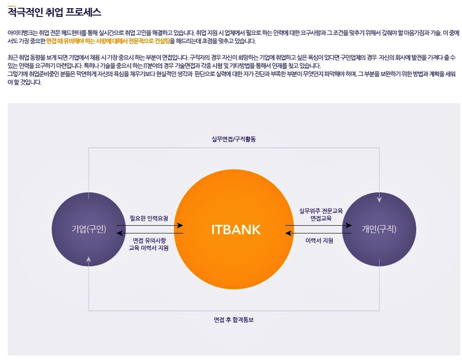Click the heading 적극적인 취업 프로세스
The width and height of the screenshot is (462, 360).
(x=54, y=12)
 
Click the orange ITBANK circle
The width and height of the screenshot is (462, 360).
(x=234, y=229)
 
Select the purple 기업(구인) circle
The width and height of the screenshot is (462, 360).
(x=89, y=229)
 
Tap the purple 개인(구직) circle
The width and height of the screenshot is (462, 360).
(x=379, y=229)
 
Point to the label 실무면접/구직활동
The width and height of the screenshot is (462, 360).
(x=234, y=139)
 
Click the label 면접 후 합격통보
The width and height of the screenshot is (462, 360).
(x=234, y=320)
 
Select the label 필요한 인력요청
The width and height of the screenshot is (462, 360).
(x=149, y=218)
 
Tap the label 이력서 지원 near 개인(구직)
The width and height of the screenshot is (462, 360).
(x=319, y=240)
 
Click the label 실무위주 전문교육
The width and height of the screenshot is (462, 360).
(x=321, y=211)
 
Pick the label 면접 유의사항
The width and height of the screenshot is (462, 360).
(x=149, y=240)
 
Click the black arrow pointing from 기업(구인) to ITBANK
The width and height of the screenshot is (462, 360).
(x=150, y=225)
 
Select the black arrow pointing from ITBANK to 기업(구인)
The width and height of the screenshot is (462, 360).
(x=150, y=233)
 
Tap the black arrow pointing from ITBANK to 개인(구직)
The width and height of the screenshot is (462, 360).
(x=319, y=225)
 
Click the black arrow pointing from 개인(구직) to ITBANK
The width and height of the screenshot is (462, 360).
(x=319, y=233)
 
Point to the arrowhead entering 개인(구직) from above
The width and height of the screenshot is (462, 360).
(x=379, y=199)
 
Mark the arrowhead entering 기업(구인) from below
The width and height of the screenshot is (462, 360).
(x=89, y=259)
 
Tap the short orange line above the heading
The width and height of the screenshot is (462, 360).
(x=11, y=6)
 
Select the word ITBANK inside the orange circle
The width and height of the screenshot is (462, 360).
(x=236, y=230)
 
